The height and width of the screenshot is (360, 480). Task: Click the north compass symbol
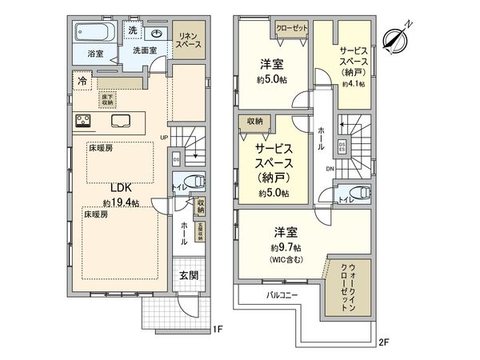coord(398,36)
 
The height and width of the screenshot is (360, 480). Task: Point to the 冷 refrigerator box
coord(82,81)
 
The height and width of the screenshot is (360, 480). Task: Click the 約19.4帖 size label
coord(121,203)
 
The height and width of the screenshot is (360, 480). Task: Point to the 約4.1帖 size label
coord(353,82)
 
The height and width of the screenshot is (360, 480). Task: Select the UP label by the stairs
coord(164,137)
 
